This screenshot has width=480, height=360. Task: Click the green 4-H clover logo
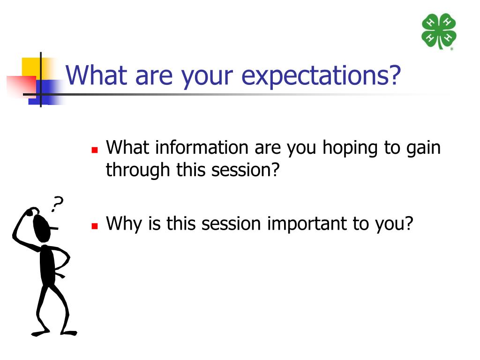(439, 31)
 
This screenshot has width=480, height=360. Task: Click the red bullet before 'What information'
(95, 150)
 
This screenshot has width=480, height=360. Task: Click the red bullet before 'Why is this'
(95, 226)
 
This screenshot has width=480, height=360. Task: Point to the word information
(202, 147)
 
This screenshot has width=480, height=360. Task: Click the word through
(138, 171)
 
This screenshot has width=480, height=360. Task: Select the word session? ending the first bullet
(246, 170)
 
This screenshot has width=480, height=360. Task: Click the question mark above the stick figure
(57, 203)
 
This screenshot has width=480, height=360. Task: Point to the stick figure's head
(42, 228)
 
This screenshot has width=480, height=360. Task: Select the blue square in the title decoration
(46, 92)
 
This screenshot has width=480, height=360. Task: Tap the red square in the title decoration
(21, 86)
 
